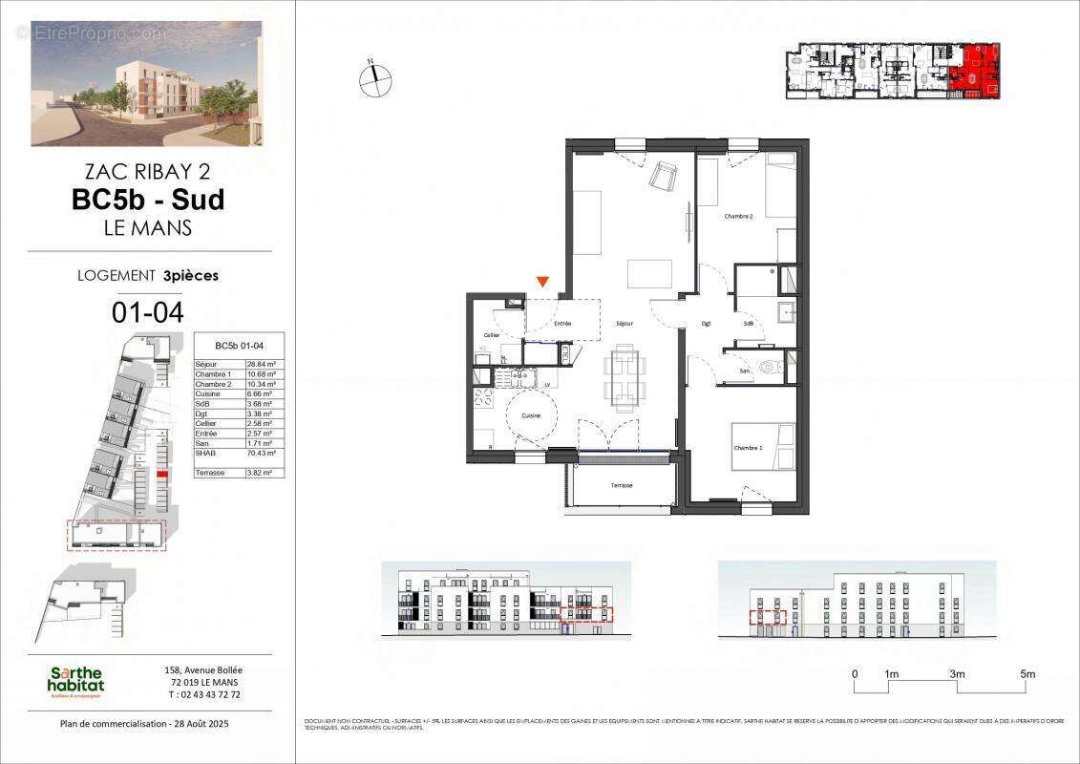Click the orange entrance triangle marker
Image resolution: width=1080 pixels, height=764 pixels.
(542, 282)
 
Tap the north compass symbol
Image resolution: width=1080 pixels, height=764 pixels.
(376, 78)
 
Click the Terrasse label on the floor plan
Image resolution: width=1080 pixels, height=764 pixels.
(622, 485)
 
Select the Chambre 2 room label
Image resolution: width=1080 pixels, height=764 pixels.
(738, 217)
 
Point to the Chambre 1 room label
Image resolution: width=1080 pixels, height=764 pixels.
(748, 448)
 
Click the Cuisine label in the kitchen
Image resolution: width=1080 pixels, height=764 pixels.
(530, 415)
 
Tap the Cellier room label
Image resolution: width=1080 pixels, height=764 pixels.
(492, 335)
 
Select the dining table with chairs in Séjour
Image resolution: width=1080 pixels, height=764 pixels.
(625, 376)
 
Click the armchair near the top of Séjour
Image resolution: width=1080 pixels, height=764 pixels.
(663, 176)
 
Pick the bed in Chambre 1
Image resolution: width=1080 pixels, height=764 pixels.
(764, 446)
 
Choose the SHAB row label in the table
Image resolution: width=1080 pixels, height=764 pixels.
(204, 453)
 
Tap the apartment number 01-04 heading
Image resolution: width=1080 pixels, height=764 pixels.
(148, 311)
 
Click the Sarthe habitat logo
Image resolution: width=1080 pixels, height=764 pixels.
(76, 682)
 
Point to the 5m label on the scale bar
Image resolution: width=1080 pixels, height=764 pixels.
(1027, 674)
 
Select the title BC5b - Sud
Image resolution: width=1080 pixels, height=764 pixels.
(148, 200)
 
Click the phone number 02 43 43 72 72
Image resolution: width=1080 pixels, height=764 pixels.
(203, 694)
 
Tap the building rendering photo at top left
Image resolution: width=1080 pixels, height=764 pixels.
(146, 83)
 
